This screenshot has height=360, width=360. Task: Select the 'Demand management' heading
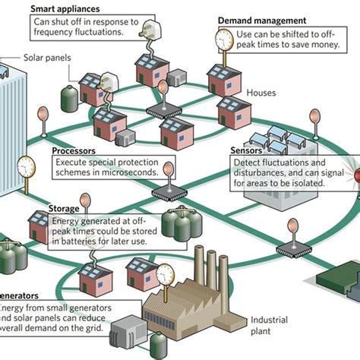pyautogui.click(x=261, y=21)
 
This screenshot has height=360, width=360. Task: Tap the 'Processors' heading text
pyautogui.click(x=74, y=151)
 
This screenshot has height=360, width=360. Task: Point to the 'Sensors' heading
pyautogui.click(x=246, y=150)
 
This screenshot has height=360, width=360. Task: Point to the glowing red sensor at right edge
pyautogui.click(x=354, y=167)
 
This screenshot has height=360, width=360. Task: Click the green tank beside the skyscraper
pyautogui.click(x=69, y=95)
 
